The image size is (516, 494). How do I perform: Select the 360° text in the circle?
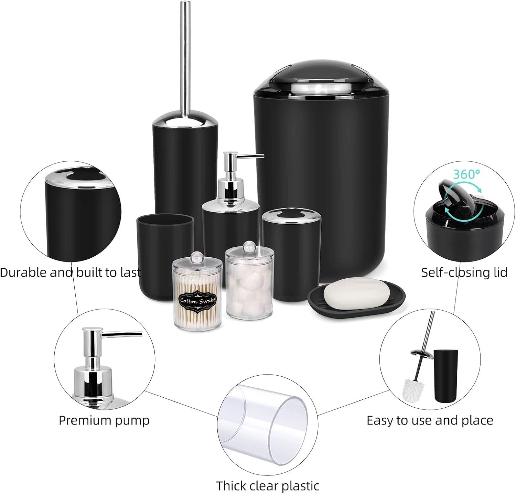[466, 174]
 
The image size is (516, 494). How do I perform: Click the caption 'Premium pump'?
[104, 420]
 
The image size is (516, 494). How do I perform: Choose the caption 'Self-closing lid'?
[464, 272]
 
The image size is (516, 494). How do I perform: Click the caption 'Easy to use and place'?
[430, 420]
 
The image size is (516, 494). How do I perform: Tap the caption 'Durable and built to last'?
[71, 272]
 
